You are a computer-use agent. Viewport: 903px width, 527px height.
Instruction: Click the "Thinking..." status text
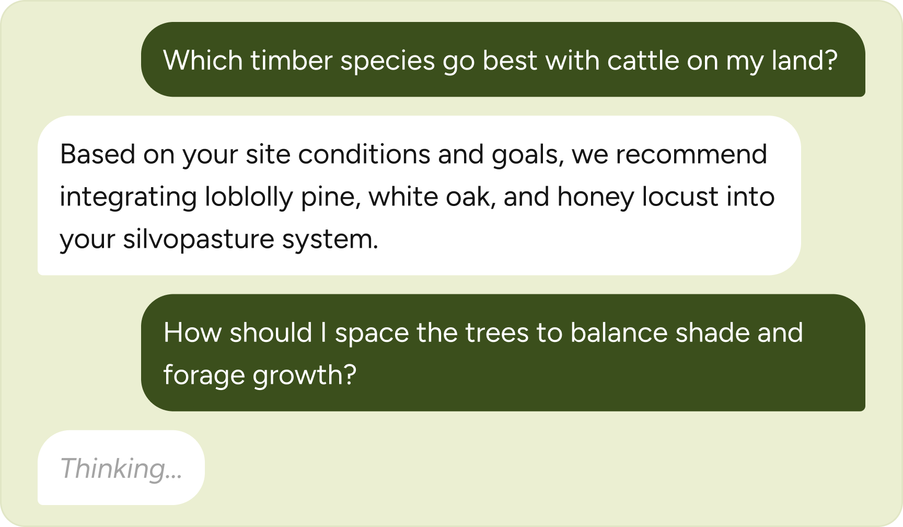point(121,468)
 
